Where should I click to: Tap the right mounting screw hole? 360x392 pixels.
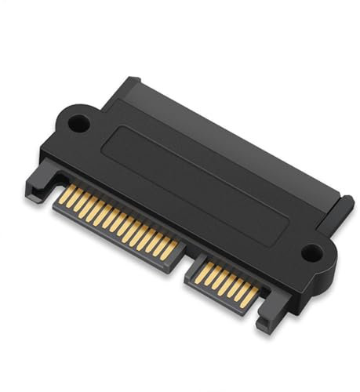[x=312, y=252]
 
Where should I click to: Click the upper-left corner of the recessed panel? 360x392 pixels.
[x=118, y=125]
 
